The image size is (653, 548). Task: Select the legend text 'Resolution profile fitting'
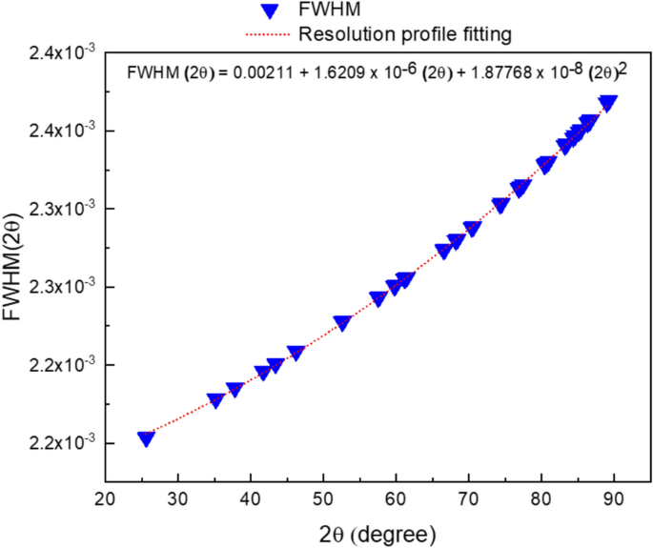pyautogui.click(x=406, y=35)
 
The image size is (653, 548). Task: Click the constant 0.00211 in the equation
pyautogui.click(x=272, y=72)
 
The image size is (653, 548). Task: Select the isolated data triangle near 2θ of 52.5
pyautogui.click(x=342, y=323)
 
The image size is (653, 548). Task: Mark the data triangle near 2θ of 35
pyautogui.click(x=215, y=400)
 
